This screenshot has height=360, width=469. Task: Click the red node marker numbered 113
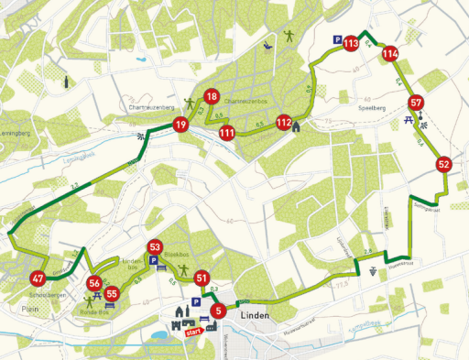coord(351,40)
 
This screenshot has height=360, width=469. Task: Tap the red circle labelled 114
coord(390,53)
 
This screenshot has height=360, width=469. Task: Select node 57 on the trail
coord(417,103)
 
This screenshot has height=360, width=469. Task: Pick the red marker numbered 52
coord(444,165)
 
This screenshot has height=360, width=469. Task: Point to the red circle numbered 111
coord(227,133)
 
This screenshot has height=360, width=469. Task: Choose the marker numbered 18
coord(212,97)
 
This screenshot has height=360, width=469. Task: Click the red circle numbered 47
coord(38,279)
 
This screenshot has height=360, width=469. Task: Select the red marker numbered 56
coord(96,283)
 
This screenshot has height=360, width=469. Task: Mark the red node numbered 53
coord(155,247)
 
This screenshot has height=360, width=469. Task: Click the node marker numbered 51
coord(202,279)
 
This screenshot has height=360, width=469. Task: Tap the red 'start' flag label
coord(192,333)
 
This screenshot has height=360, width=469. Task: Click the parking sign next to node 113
coord(338,40)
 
